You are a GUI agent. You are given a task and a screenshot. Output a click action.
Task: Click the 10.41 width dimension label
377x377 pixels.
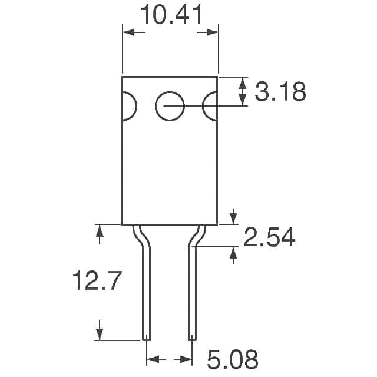pos(170,14)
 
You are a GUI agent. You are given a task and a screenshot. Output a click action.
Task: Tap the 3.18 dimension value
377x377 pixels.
pos(280,92)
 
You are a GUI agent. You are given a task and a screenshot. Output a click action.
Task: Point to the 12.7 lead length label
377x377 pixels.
pos(97,281)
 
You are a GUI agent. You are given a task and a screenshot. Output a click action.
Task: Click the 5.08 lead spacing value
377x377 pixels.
pos(232,359)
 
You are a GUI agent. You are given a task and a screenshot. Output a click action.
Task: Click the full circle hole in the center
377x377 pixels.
pos(170,107)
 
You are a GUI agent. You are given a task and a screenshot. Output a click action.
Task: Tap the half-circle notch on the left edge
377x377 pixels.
pos(129,107)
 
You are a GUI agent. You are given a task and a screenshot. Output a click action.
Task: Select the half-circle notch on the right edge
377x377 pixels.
pos(210,107)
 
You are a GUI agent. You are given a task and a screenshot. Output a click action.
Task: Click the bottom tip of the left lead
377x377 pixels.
pos(145,338)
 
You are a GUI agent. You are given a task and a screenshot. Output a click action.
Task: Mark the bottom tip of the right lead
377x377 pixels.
pos(192,338)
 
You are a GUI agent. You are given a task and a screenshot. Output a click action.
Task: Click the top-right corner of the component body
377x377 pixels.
pos(217,77)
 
